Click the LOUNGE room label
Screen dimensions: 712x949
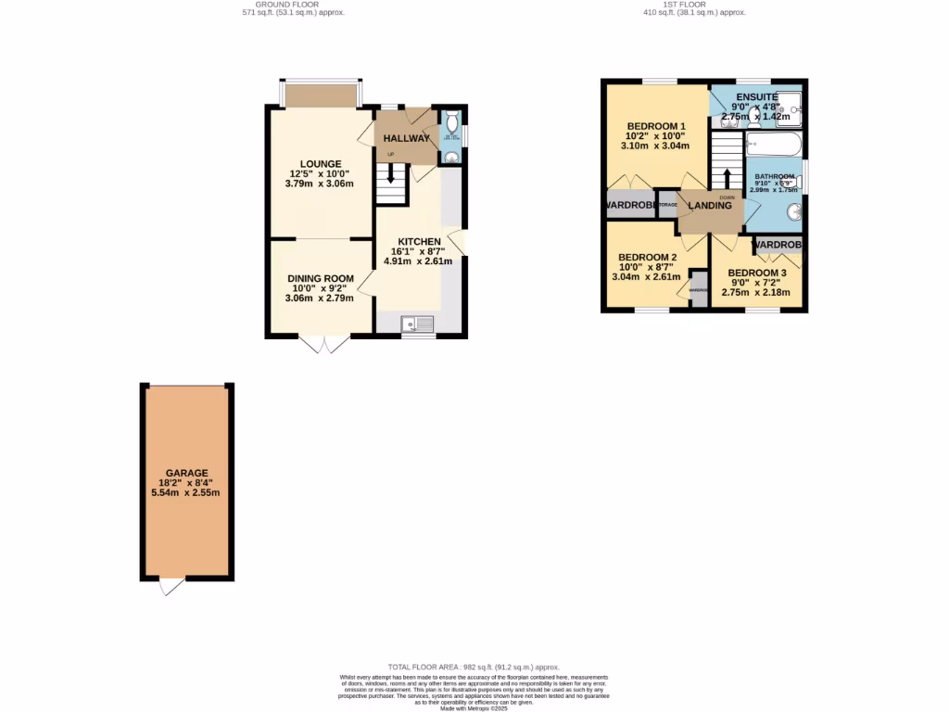320,164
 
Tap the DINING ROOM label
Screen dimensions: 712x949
321,279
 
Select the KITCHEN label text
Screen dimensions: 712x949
419,242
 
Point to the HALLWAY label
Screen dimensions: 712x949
407,139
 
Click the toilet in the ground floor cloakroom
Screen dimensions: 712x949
451,123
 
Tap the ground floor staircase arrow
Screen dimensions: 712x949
391,173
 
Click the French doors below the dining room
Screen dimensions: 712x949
325,344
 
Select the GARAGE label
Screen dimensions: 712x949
186,473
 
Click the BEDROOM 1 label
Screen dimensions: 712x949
656,127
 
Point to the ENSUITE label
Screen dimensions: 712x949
757,97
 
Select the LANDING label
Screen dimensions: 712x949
710,206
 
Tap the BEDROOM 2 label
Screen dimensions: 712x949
648,258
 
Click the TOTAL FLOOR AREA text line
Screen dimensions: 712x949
474,667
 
